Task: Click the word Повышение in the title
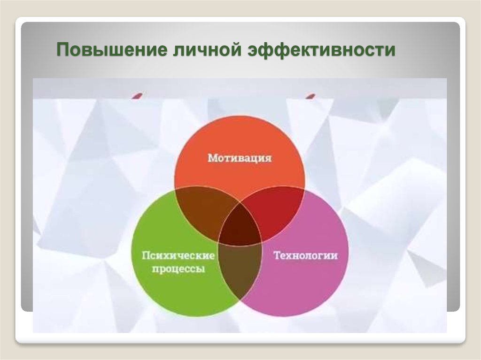coord(112,50)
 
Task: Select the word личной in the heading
coord(207,49)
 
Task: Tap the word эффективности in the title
coord(321,50)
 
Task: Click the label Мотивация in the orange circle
coord(240,158)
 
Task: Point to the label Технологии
coord(305,255)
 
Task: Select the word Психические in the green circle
coord(178,255)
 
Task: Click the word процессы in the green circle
coord(178,269)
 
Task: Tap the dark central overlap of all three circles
coord(240,225)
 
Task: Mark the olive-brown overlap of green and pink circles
coord(240,270)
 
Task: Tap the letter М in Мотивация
coord(212,158)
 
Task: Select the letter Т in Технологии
coord(277,255)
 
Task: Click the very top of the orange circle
coord(240,116)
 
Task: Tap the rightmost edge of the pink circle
coord(349,252)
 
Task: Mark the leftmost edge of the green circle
coord(132,252)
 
